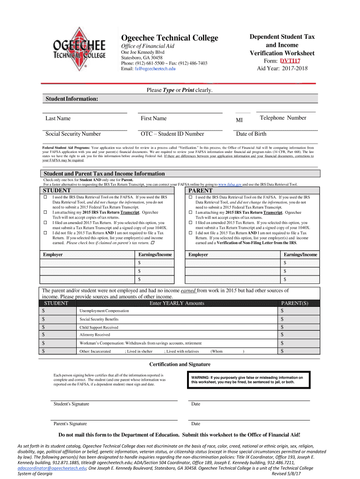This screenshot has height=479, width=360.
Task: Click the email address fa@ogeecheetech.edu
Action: click(x=155, y=69)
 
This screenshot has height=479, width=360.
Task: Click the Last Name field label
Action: click(x=58, y=118)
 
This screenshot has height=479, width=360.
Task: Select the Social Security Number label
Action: click(x=73, y=134)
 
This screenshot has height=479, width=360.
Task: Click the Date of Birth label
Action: click(x=251, y=134)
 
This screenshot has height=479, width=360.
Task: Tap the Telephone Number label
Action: click(x=283, y=118)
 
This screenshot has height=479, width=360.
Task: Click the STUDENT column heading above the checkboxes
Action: click(x=57, y=191)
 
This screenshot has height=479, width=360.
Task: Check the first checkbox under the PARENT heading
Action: click(x=190, y=198)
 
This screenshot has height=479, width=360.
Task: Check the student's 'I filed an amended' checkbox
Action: click(x=45, y=222)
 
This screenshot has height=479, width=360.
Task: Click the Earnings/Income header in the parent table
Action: click(x=300, y=254)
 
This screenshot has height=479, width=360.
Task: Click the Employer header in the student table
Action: click(x=53, y=254)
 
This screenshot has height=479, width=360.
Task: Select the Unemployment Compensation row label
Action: click(x=105, y=311)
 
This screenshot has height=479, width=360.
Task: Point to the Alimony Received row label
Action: click(x=95, y=335)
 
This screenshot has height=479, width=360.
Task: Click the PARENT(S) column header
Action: click(x=295, y=303)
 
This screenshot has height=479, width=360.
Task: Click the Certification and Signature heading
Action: click(x=180, y=364)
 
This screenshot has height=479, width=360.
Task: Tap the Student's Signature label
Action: click(x=71, y=404)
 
